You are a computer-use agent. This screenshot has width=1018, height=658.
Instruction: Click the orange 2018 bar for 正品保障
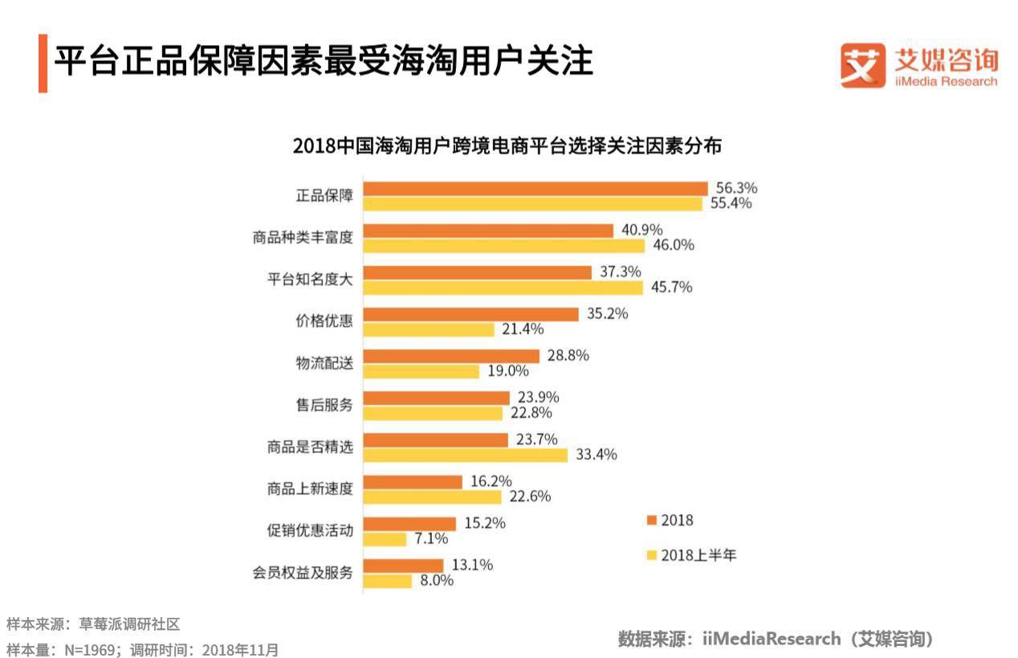[535, 189]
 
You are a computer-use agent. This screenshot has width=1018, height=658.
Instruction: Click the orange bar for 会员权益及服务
[403, 566]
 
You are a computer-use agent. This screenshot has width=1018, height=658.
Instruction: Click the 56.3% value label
[736, 188]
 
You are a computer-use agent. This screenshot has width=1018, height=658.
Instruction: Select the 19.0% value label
[508, 370]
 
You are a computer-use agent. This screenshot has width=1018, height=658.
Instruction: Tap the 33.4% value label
[596, 455]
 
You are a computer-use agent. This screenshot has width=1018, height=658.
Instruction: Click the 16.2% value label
[491, 481]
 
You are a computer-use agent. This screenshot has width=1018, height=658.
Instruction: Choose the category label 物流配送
[324, 363]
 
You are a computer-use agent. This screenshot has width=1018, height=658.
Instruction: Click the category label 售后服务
[324, 405]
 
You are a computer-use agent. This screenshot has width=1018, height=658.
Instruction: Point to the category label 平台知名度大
[310, 280]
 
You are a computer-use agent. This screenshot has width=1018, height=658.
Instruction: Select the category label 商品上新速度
[310, 488]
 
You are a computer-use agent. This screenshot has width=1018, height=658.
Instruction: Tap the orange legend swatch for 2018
[652, 521]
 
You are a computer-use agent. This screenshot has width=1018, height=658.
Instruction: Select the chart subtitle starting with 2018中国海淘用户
[507, 147]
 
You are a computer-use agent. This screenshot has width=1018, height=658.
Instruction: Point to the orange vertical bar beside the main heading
[43, 63]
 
